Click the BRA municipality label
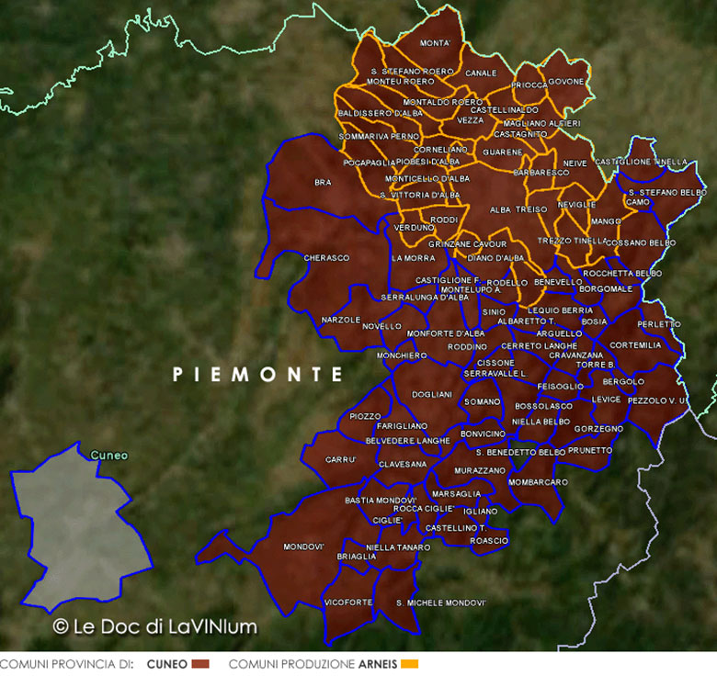point(323,183)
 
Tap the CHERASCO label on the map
point(326,258)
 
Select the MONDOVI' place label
point(303,546)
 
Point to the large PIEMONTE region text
point(257,375)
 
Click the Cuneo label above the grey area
point(108,455)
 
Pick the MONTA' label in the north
point(435,43)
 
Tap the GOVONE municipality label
point(566,82)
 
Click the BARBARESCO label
point(541,172)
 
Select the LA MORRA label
point(413,258)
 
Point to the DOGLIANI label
point(432,394)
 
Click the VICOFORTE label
point(348,602)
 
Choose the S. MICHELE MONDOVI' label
point(440,603)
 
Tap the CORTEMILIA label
point(635,345)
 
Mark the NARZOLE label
point(341,319)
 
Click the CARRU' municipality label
point(340,459)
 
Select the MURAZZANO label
point(479,470)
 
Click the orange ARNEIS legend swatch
point(410,663)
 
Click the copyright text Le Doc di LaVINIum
point(154,626)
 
